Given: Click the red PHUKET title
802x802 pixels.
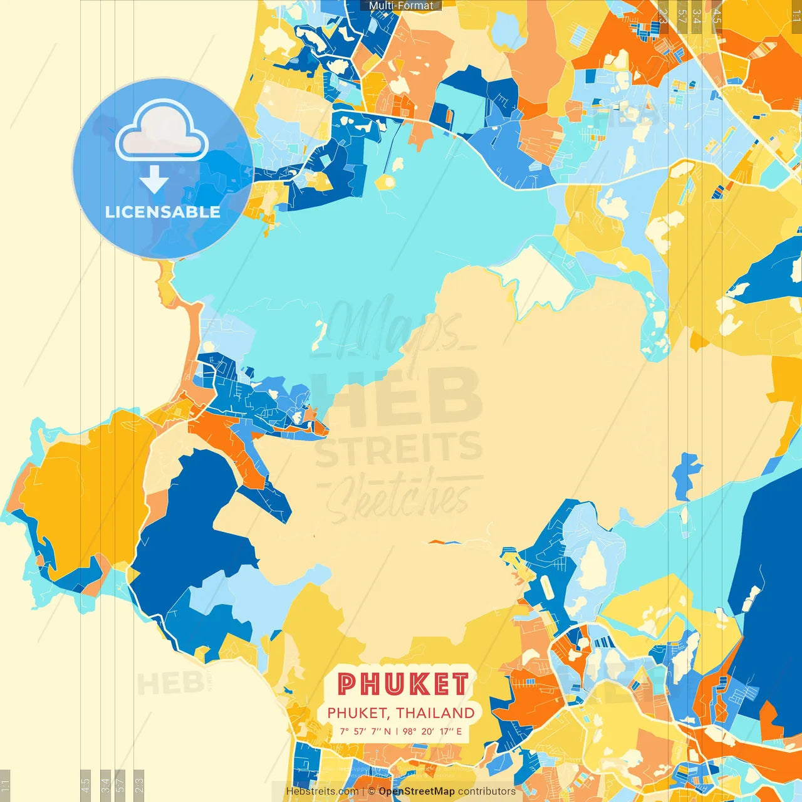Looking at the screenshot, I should click(x=403, y=684).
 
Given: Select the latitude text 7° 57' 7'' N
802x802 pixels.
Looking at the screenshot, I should click(x=365, y=731).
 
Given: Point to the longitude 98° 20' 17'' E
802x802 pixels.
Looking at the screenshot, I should click(x=432, y=731).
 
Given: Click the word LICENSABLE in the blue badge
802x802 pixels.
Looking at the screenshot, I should click(x=163, y=212).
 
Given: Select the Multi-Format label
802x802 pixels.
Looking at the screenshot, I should click(x=401, y=6).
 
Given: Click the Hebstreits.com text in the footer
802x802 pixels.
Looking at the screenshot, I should click(x=322, y=791).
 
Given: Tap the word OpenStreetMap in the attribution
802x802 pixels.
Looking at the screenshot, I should click(x=417, y=791).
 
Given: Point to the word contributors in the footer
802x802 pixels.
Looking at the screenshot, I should click(x=487, y=791).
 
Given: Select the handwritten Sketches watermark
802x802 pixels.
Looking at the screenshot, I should click(x=398, y=498).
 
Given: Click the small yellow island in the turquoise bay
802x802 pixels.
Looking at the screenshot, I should click(x=386, y=183).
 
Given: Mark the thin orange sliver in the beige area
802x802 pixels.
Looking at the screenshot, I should click(x=445, y=542).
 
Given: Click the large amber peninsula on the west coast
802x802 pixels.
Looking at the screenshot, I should click(x=85, y=495).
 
